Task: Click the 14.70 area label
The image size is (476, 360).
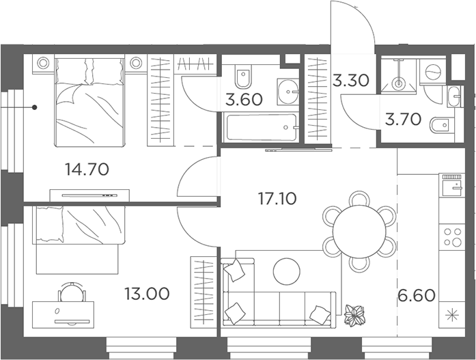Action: [87, 169]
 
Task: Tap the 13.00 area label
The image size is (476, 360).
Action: [147, 294]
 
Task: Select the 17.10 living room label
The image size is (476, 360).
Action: [277, 199]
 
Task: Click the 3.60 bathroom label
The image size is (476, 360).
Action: [244, 100]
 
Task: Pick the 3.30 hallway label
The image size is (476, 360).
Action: [350, 81]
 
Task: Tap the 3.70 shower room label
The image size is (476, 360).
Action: [403, 120]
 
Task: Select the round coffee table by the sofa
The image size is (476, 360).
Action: [287, 271]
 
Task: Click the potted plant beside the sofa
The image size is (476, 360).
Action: [354, 316]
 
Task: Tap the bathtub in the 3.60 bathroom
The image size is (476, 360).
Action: [260, 128]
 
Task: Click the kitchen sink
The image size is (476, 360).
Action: [451, 188]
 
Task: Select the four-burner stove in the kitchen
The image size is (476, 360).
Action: [452, 237]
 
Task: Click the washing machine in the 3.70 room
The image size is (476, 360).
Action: [432, 72]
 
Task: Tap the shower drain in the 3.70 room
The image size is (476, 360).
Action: [398, 83]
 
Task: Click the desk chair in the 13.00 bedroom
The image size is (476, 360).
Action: [72, 292]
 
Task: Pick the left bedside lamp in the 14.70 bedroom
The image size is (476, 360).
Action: [43, 63]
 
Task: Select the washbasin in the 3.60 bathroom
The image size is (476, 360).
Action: [288, 92]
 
